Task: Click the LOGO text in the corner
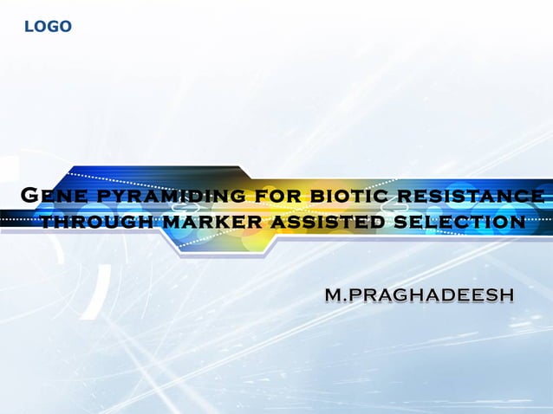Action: (x=48, y=27)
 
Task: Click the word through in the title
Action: (x=96, y=223)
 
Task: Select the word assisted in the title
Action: (x=329, y=223)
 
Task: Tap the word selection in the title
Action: (x=459, y=223)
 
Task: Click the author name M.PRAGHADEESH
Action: (x=420, y=295)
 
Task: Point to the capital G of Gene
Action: (x=29, y=195)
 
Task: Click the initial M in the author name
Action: (x=333, y=295)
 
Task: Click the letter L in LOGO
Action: (x=28, y=27)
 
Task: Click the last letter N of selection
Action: (x=517, y=223)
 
